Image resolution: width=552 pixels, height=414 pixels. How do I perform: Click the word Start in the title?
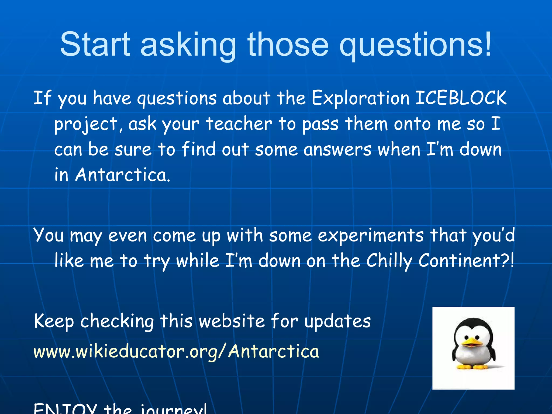tap(95, 44)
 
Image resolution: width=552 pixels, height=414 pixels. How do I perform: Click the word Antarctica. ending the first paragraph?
tap(123, 175)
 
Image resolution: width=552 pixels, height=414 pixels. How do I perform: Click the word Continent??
tap(466, 261)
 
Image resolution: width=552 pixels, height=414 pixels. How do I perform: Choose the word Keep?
tap(54, 321)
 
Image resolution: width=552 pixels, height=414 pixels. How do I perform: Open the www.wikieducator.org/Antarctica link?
tap(176, 351)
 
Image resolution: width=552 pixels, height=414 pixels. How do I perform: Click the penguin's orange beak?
tap(472, 343)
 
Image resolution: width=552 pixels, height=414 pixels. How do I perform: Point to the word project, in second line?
tap(86, 125)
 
